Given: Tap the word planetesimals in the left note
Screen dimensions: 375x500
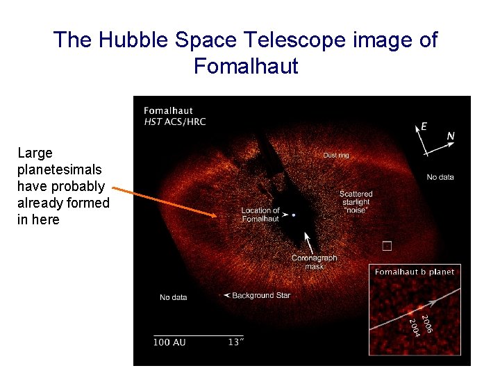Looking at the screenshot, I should click(60, 169).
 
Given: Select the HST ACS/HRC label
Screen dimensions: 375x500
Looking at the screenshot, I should click(174, 122).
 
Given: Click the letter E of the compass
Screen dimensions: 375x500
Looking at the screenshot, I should click(424, 126).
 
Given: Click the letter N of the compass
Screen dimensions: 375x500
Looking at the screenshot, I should click(451, 136).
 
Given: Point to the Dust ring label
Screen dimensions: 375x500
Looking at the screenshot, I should click(336, 156).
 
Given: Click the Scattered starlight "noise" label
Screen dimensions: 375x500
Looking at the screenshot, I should click(356, 201).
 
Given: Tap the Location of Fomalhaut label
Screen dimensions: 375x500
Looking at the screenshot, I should click(260, 215).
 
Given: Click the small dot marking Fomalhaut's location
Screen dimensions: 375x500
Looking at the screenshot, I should click(294, 215).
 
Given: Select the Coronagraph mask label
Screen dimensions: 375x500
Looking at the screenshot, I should click(314, 262).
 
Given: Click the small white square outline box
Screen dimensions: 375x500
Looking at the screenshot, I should click(387, 245).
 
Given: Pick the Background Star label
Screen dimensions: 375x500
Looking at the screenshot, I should click(261, 295).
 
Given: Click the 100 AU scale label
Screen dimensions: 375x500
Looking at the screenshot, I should click(169, 342).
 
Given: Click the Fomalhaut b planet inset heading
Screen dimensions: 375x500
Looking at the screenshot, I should click(415, 272).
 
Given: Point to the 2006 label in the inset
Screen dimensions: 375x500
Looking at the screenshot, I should click(428, 322).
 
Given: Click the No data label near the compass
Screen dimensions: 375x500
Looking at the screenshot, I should click(440, 177).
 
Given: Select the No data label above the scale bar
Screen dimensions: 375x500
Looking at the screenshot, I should click(174, 297).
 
